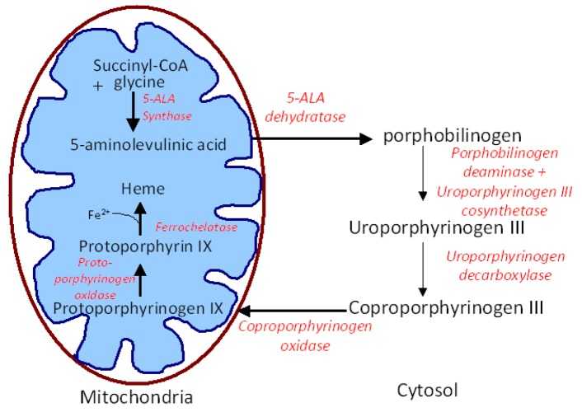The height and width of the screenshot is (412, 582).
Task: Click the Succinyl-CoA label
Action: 140,67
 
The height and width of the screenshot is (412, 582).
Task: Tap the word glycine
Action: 139,82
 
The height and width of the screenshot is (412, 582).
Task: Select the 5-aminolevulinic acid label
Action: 148,144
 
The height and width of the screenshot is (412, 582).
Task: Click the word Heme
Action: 143,189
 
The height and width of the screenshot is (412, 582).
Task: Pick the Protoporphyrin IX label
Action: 145,246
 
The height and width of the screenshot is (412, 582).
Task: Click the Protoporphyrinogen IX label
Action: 138,308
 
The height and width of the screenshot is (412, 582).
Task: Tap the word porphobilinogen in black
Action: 452,136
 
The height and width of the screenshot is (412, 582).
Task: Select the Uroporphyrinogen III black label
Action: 437,227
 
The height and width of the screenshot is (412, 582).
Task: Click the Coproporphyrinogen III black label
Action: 446,307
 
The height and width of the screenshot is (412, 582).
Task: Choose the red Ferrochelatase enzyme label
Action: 196,227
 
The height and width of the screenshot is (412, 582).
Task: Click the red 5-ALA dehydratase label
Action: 305,107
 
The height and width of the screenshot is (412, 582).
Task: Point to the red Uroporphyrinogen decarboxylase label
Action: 505,266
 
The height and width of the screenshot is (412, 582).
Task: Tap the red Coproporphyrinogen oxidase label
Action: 305,336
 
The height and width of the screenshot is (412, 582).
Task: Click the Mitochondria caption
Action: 137,397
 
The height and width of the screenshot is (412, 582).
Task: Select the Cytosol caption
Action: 427,391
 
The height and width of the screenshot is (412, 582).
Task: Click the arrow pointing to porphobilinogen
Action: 312,138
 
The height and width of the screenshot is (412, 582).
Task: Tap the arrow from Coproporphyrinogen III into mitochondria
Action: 293,311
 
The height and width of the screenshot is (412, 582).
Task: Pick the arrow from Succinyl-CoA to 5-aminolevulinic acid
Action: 133,111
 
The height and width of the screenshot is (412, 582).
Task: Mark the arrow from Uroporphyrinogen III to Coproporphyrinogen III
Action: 422,269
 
